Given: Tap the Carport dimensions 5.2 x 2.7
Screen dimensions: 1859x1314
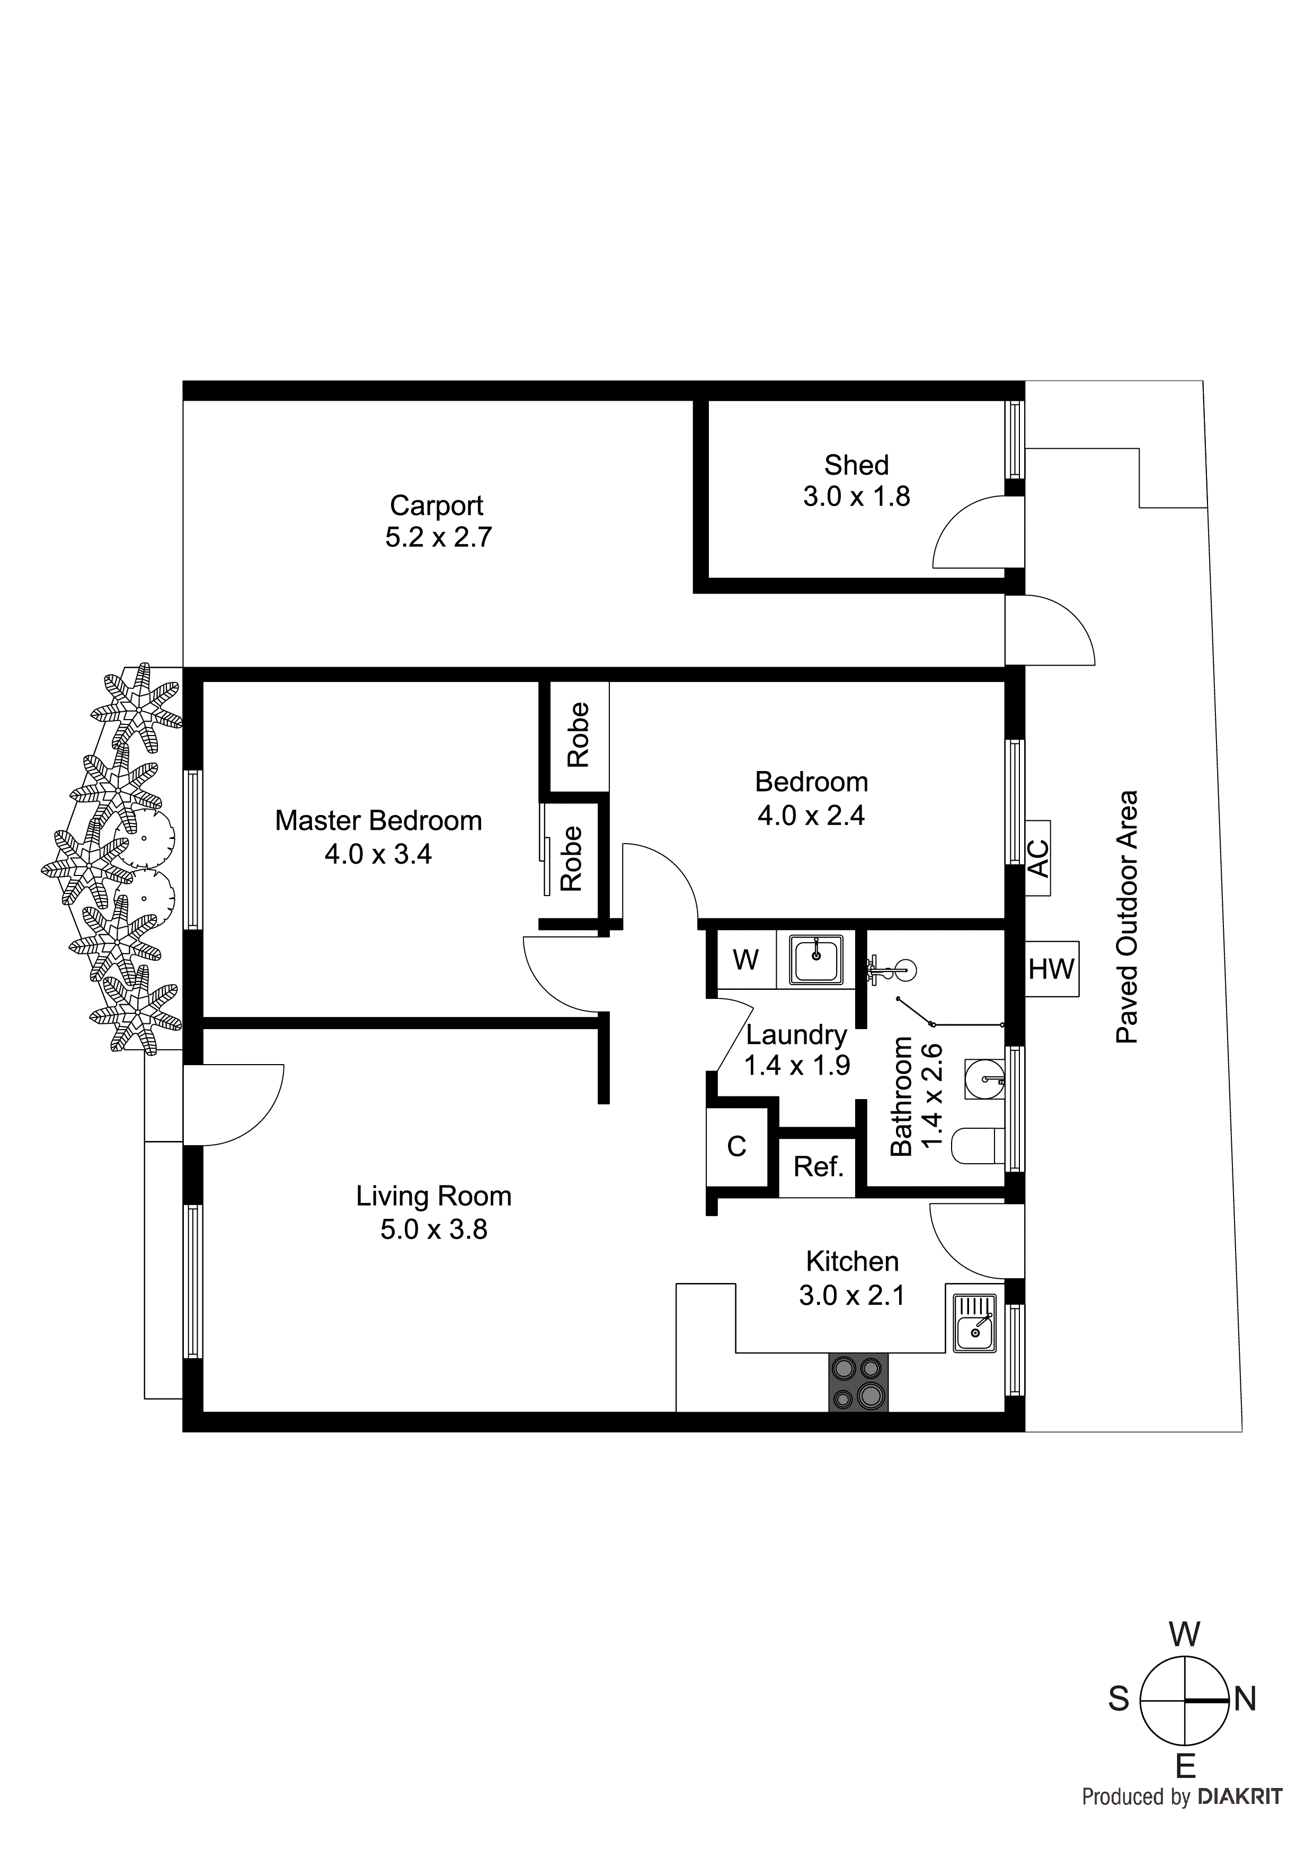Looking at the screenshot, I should (x=438, y=538).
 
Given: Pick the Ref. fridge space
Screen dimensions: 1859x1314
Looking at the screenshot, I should (x=818, y=1167).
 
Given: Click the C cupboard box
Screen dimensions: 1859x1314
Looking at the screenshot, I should (x=736, y=1146).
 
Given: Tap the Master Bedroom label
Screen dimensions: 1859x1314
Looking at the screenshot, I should (x=378, y=820).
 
